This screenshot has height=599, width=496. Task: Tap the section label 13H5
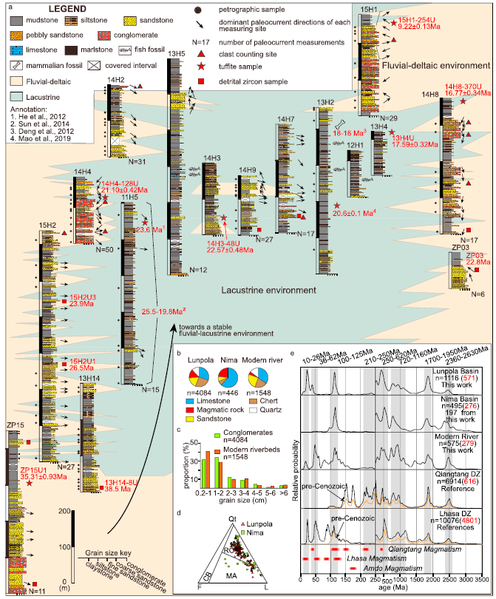176,53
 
